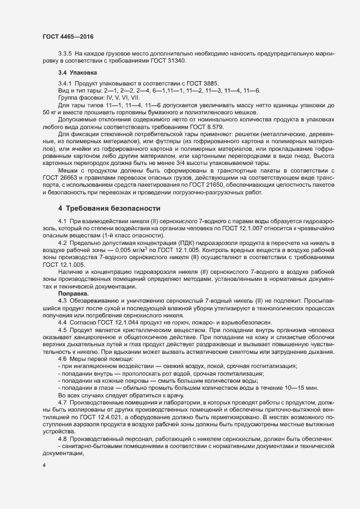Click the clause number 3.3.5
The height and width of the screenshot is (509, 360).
(x=65, y=54)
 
